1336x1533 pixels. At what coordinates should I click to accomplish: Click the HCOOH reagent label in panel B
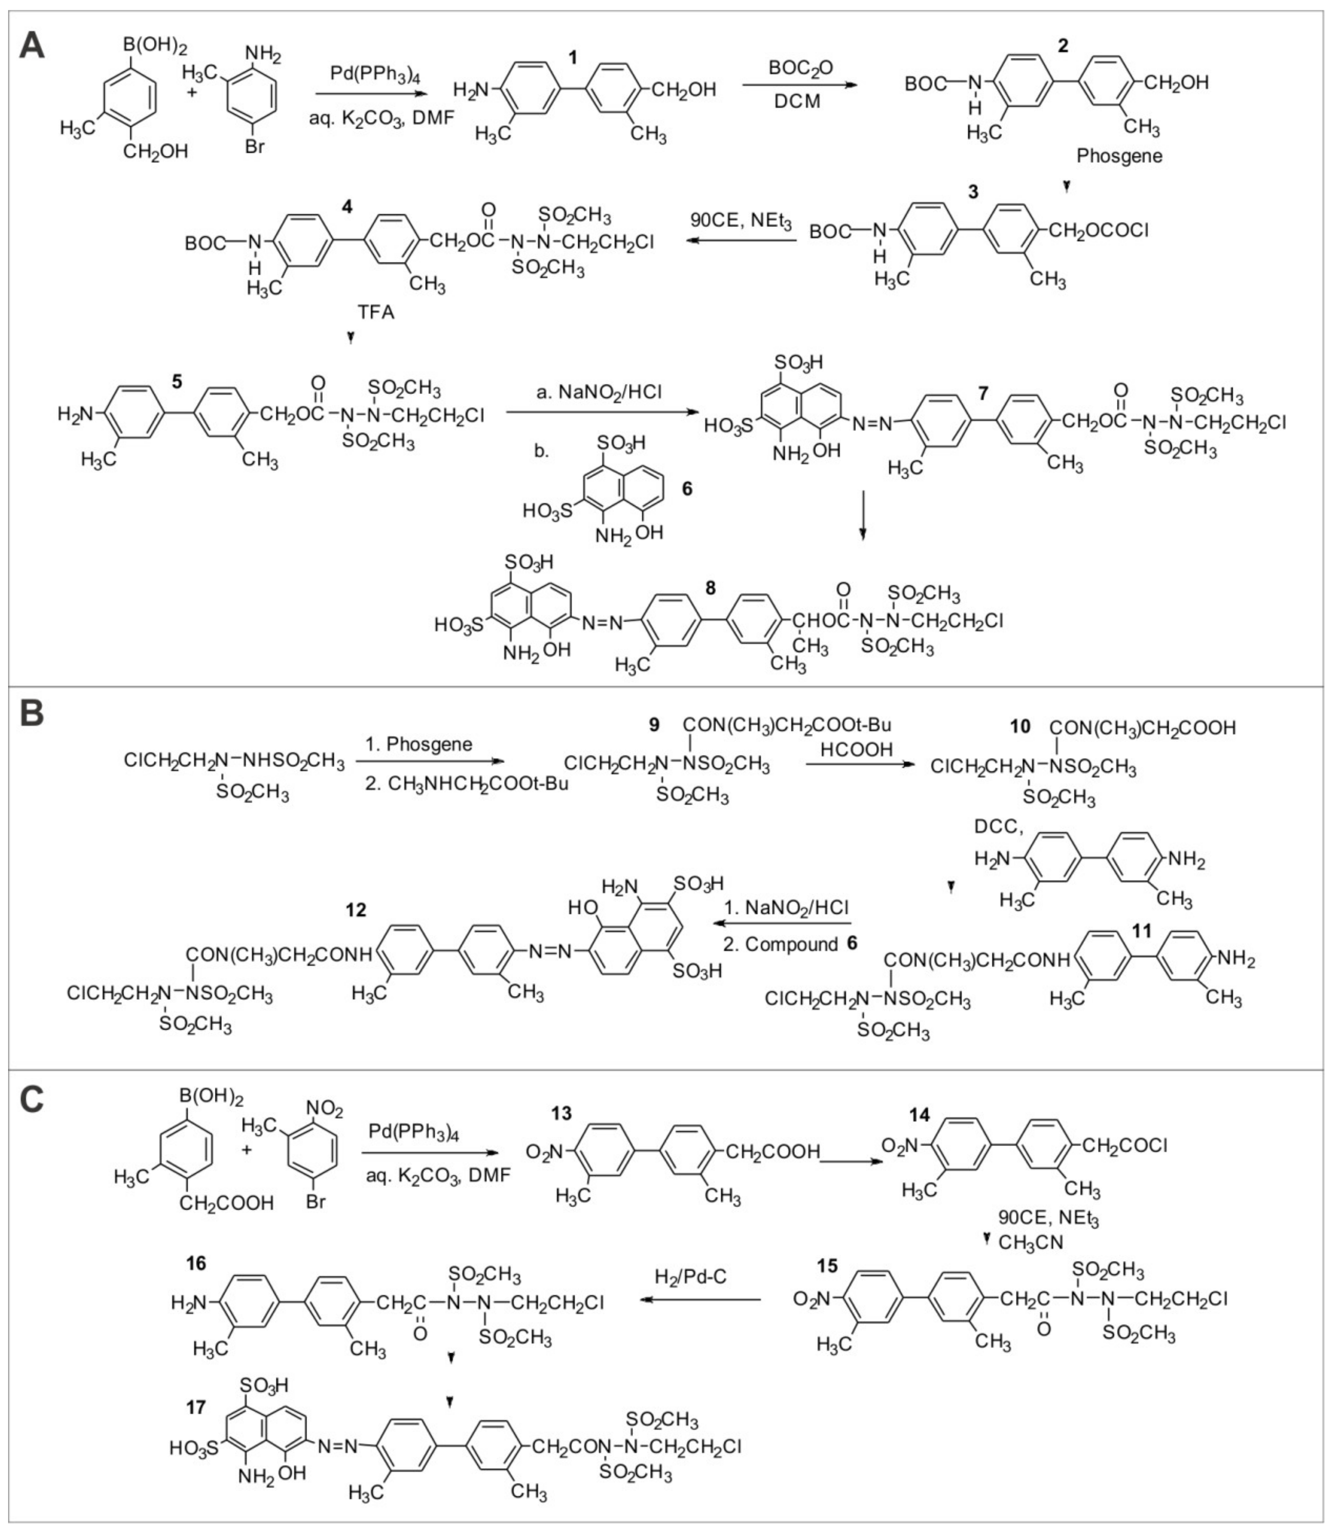856,750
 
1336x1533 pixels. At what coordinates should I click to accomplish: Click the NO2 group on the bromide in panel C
325,1111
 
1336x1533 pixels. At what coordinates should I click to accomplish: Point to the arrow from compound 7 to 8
863,514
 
